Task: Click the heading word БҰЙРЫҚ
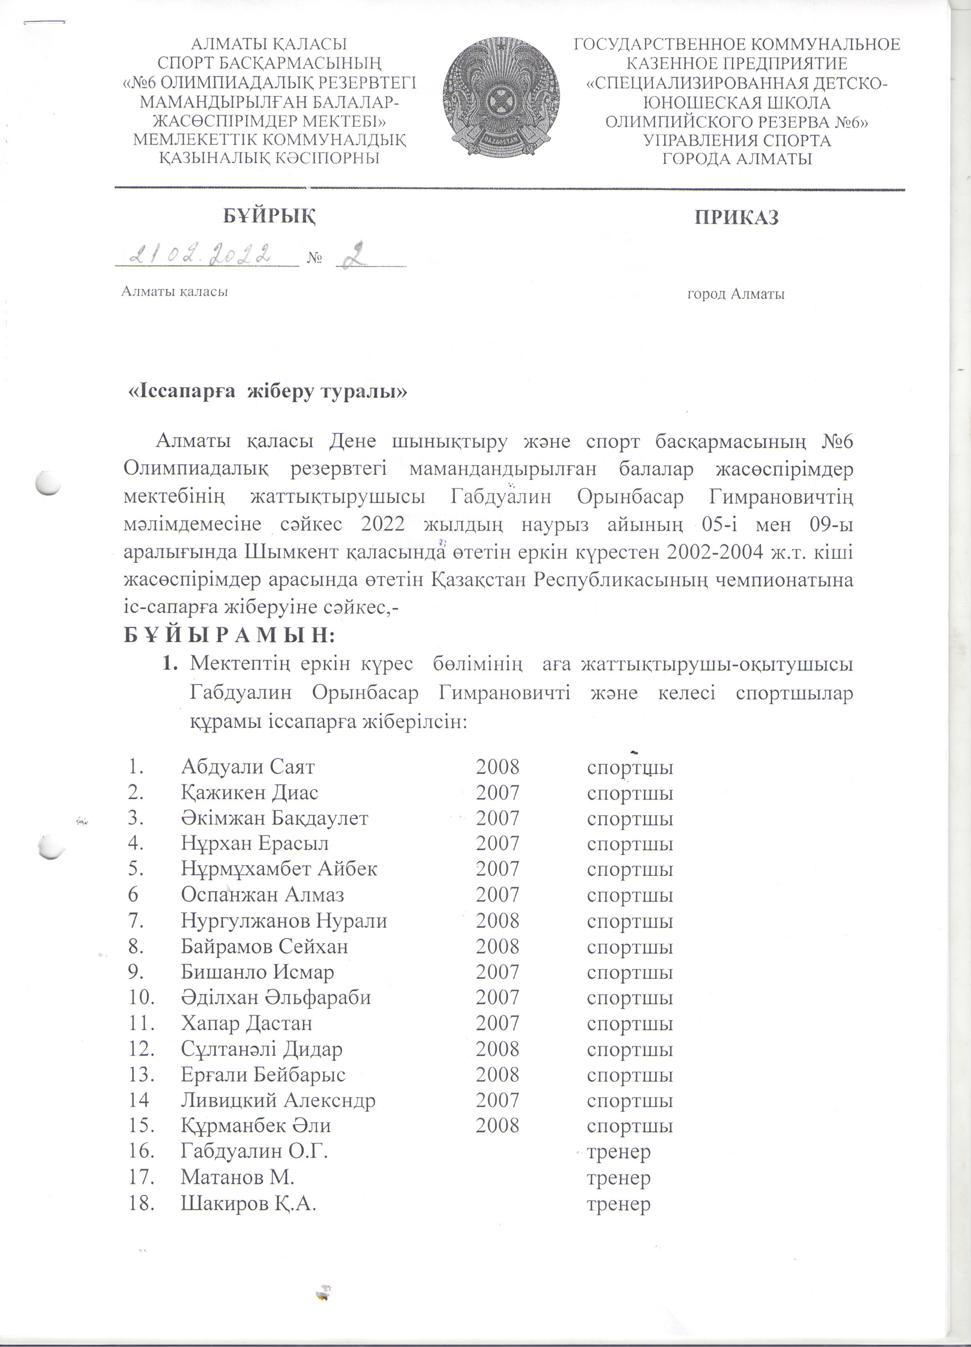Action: point(269,217)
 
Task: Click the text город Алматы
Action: point(736,294)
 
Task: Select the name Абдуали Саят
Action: point(248,767)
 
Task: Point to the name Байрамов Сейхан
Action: point(264,946)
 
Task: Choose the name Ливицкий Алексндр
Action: point(278,1100)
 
